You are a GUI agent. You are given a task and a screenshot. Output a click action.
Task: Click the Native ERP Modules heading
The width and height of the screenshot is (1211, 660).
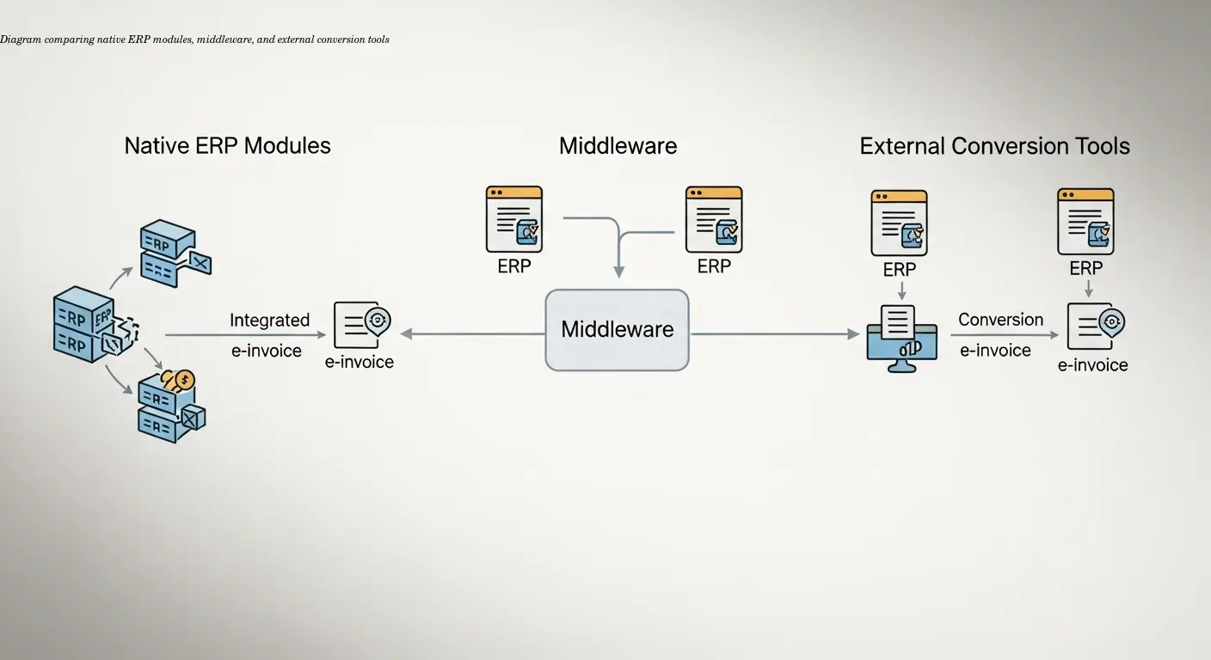pos(227,145)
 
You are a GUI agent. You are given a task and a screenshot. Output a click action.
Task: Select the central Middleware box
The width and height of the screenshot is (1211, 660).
pos(617,330)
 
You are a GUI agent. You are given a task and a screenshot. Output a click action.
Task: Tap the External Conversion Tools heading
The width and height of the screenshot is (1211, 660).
pos(994,146)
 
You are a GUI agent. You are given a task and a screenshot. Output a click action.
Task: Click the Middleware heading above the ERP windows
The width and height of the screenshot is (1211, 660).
pos(618,146)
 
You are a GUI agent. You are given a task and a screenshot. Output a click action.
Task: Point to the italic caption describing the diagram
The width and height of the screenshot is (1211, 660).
pos(195,40)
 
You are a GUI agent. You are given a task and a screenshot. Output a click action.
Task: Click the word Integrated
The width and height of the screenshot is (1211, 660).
pos(269,321)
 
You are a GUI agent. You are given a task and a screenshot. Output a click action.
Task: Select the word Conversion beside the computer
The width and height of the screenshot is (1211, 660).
pos(1000,320)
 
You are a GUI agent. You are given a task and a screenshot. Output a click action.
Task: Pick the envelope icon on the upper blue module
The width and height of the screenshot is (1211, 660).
pos(199,262)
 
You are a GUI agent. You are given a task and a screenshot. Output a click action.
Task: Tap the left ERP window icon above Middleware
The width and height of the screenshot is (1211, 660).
pos(514,219)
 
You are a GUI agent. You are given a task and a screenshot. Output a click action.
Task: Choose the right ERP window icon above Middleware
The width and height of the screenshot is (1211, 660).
pos(714,219)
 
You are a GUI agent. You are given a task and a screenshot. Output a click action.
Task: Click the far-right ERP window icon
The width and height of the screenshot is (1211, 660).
pos(1085,222)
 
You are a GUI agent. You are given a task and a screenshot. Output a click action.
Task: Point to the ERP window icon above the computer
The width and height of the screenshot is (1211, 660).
pos(899,223)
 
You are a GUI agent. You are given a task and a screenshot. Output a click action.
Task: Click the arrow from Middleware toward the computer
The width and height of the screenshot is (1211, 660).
pos(774,333)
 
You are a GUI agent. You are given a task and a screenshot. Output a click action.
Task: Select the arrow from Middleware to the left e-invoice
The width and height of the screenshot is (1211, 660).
pos(473,333)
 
